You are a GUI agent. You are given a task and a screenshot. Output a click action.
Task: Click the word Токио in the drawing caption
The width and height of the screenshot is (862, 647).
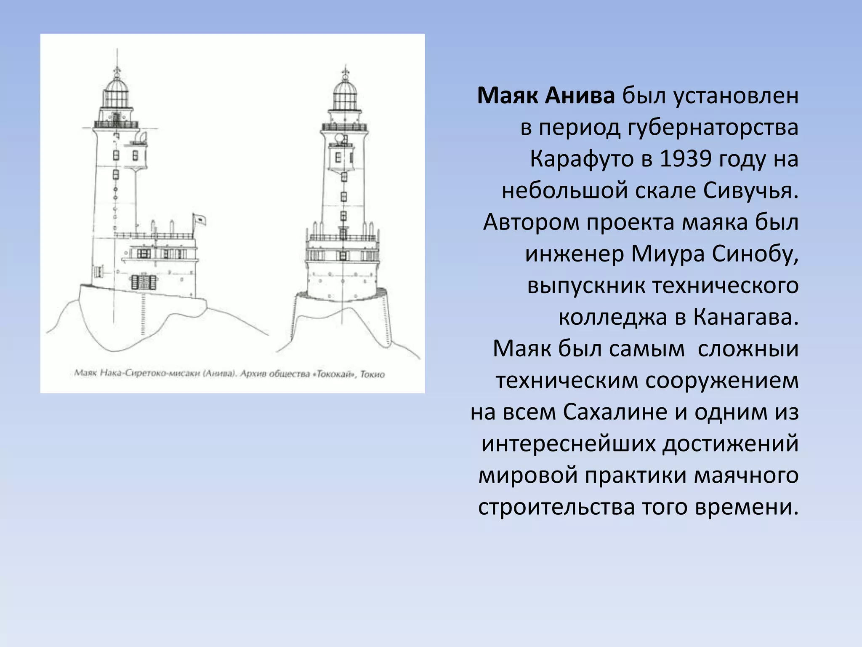coord(372,374)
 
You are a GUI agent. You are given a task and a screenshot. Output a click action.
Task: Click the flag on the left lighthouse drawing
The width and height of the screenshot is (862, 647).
coord(199,219)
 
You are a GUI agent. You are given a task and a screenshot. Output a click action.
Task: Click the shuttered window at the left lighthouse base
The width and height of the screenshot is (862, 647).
coord(144,282)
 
